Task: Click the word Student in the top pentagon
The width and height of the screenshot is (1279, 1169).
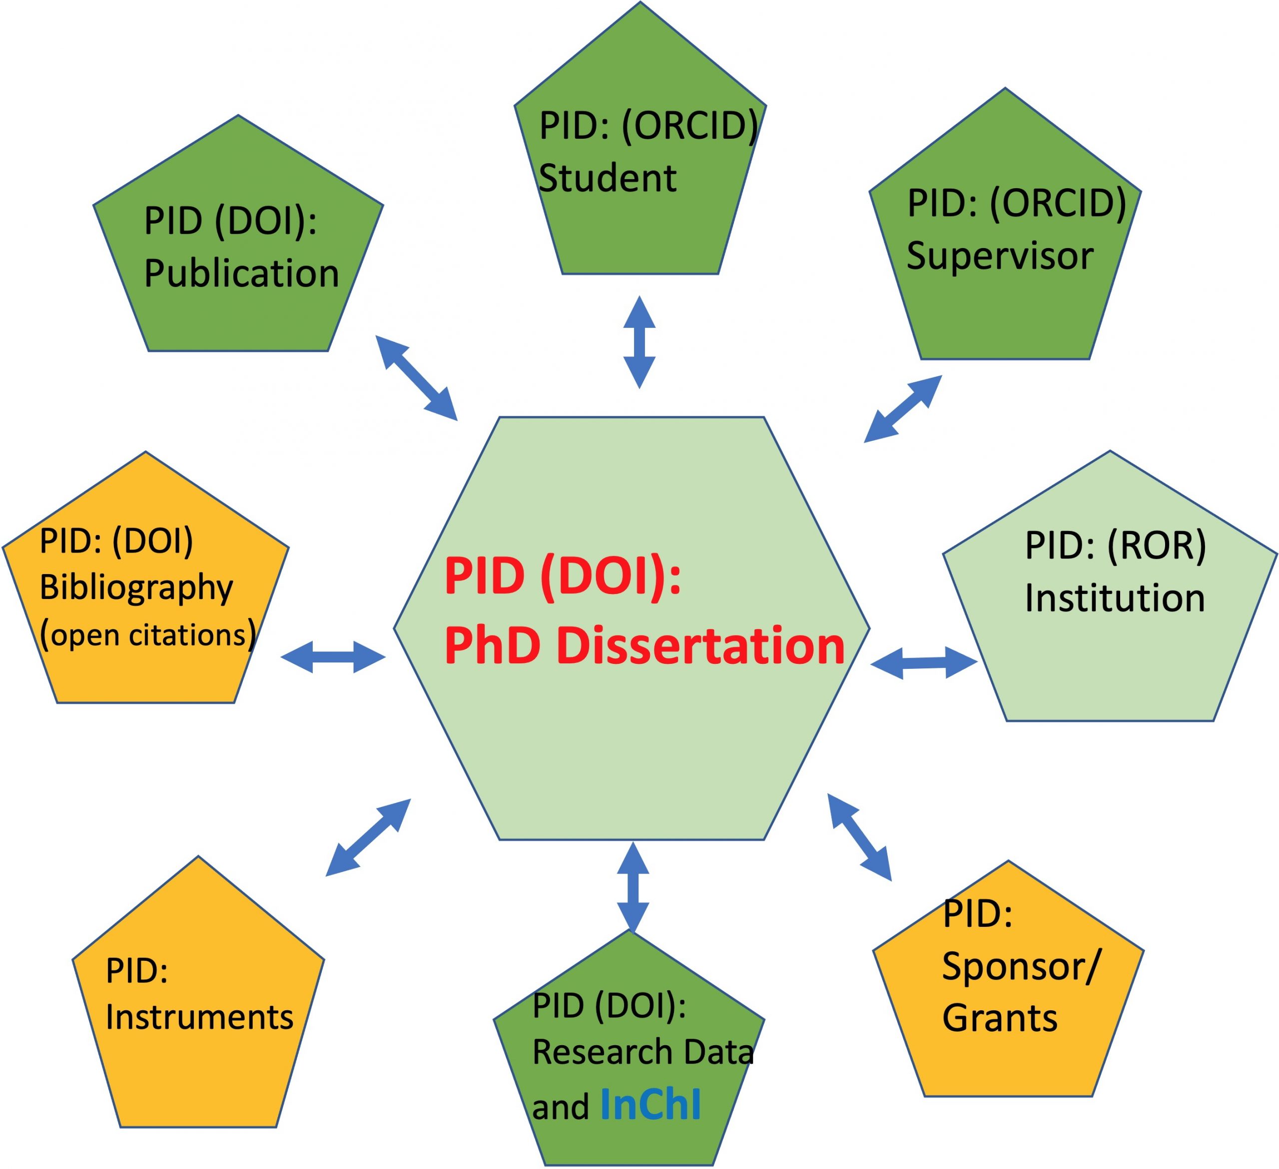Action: [607, 178]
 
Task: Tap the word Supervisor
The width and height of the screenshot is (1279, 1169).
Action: [1000, 257]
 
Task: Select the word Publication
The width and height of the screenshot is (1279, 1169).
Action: [241, 274]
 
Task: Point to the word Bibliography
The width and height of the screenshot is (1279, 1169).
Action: [136, 587]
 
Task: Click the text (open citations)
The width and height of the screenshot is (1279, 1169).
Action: [148, 634]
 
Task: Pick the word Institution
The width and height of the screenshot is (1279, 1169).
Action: [1115, 598]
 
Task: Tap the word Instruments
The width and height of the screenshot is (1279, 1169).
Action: [199, 1017]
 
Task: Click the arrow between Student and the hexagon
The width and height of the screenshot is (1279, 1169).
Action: [639, 342]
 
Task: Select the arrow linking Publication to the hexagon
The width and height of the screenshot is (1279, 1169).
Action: [416, 378]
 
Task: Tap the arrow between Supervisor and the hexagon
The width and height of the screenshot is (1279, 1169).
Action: [903, 408]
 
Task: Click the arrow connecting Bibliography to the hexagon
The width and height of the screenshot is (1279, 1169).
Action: [333, 657]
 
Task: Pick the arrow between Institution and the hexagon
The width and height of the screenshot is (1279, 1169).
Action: [924, 663]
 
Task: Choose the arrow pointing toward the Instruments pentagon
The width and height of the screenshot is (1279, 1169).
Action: [369, 838]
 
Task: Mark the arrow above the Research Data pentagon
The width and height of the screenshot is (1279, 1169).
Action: [633, 887]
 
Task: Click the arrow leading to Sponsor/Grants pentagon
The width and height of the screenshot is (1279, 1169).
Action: [860, 837]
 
